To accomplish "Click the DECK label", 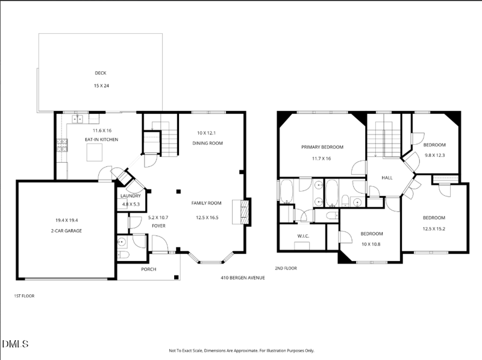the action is point(101,73).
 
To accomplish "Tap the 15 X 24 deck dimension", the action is point(101,86).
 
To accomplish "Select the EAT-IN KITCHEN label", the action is point(101,139).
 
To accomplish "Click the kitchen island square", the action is point(95,153).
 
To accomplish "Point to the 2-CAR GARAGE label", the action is point(66,231).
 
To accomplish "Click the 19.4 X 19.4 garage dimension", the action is point(66,220).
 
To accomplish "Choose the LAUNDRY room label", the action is point(130,196).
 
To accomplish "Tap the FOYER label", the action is point(158,226).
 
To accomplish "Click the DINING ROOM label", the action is point(207,143).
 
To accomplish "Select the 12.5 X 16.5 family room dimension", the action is point(207,218).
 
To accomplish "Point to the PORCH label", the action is point(148,269).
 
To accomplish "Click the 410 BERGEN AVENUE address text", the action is point(243,278).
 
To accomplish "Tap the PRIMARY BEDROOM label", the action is point(322,147).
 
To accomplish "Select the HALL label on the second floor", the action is point(387,177).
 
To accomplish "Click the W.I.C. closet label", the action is point(303,236).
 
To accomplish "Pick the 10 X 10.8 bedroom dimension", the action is point(371,244).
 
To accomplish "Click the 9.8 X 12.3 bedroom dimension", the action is point(434,155).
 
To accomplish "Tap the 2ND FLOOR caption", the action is point(286,268).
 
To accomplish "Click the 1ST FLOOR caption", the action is point(24,296).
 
